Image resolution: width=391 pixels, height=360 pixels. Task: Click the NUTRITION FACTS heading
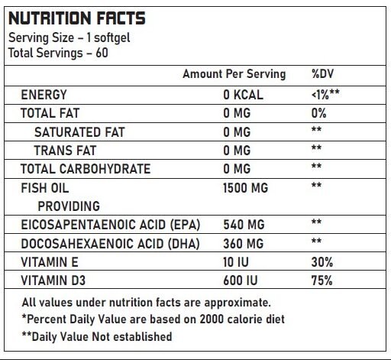pyautogui.click(x=77, y=18)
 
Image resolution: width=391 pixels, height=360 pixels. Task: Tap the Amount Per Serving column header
pyautogui.click(x=234, y=74)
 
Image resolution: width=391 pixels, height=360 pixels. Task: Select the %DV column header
pyautogui.click(x=322, y=74)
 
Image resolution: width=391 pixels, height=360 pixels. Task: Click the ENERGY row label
pyautogui.click(x=44, y=95)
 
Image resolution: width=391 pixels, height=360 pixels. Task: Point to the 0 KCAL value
pyautogui.click(x=243, y=95)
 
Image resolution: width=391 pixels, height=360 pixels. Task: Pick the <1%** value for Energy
pyautogui.click(x=325, y=95)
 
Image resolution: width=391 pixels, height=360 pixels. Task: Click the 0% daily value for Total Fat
pyautogui.click(x=318, y=113)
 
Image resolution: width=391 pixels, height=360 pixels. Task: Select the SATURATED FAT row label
pyautogui.click(x=79, y=132)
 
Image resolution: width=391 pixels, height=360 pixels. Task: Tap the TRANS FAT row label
pyautogui.click(x=65, y=151)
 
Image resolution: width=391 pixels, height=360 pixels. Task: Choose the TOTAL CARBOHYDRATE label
pyautogui.click(x=86, y=169)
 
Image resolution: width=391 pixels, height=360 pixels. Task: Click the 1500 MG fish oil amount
pyautogui.click(x=245, y=188)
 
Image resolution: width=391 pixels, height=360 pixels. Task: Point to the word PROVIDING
pyautogui.click(x=69, y=206)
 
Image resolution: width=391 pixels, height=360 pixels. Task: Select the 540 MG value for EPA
pyautogui.click(x=244, y=225)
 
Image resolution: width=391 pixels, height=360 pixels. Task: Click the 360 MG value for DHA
pyautogui.click(x=244, y=244)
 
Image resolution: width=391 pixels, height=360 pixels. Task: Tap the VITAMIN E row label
pyautogui.click(x=50, y=262)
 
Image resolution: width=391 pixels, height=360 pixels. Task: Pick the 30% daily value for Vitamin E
pyautogui.click(x=322, y=262)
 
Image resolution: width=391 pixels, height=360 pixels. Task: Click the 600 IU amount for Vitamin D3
pyautogui.click(x=241, y=281)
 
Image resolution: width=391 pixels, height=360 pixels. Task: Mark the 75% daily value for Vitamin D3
pyautogui.click(x=322, y=281)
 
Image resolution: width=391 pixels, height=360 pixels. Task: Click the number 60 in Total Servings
pyautogui.click(x=102, y=53)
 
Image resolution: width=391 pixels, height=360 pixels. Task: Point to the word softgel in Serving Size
pyautogui.click(x=112, y=38)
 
